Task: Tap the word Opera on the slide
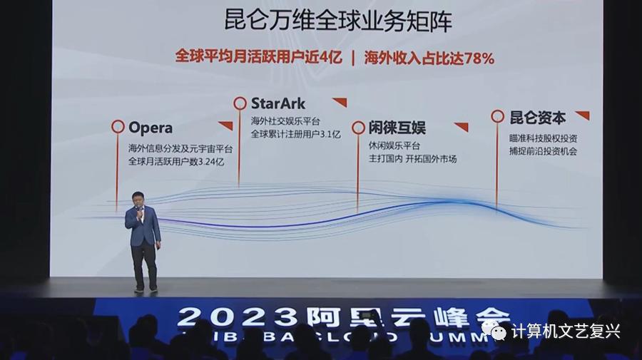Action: point(151,128)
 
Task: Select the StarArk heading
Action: point(278,103)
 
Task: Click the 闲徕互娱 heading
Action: point(397,128)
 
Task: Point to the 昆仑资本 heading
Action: point(538,117)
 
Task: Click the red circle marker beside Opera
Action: point(118,127)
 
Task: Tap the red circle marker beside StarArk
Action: point(240,103)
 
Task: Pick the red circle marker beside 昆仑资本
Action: point(497,116)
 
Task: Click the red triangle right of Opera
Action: point(226,126)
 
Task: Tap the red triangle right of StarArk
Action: point(340,102)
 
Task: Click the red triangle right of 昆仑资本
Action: point(583,115)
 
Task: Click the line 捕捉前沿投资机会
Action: point(538,152)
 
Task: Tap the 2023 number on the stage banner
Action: point(220,317)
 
